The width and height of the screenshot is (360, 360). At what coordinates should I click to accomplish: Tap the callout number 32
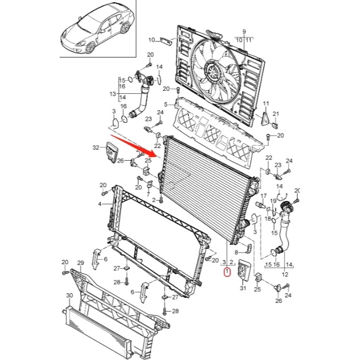point(95,148)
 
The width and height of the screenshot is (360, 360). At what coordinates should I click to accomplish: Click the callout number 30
point(69,296)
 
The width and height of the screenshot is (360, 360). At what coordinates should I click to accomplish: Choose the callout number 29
point(80,263)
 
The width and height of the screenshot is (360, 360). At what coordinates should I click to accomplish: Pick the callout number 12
point(285,275)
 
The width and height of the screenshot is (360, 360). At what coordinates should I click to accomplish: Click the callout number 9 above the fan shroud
point(244,32)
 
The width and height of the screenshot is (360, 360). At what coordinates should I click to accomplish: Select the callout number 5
point(165,105)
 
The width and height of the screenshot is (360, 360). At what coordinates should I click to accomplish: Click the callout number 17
point(264,196)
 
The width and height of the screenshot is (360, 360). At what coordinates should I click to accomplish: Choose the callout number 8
point(236,252)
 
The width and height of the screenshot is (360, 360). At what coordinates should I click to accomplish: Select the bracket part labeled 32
point(112,152)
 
